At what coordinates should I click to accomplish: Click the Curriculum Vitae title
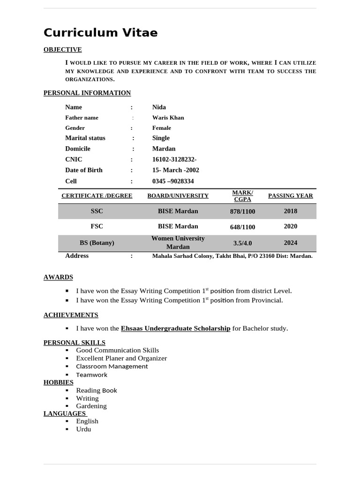click(100, 33)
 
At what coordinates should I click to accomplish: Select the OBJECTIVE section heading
click(62, 50)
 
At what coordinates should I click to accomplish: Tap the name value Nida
click(159, 107)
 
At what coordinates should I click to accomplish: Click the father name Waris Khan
click(168, 118)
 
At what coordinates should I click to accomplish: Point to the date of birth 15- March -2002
click(175, 170)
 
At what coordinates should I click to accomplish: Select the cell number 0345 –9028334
click(172, 181)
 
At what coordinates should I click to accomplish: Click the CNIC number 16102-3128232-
click(174, 159)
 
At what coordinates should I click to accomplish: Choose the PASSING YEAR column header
click(290, 196)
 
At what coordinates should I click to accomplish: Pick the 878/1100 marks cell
click(242, 211)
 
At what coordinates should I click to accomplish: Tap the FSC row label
click(97, 226)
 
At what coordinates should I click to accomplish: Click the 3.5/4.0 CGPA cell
click(242, 243)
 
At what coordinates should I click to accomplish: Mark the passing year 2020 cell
click(290, 226)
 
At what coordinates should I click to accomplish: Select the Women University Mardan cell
click(178, 242)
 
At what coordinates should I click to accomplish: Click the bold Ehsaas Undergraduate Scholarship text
click(175, 329)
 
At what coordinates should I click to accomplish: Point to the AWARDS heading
click(58, 277)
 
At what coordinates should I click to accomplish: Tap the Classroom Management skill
click(112, 367)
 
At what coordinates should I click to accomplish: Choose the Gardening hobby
click(91, 406)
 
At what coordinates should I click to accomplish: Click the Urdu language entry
click(83, 429)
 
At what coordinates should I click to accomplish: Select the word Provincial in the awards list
click(267, 300)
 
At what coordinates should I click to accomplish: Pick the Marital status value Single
click(161, 138)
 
